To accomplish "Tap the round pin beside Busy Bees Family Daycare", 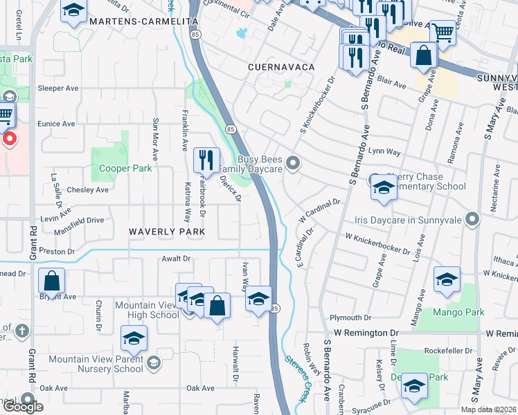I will [294, 163].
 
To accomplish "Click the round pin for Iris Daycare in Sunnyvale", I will [473, 220].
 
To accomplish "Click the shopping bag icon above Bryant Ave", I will [51, 282].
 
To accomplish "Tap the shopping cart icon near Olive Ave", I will [443, 32].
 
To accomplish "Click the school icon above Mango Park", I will [447, 281].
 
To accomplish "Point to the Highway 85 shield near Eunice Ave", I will [231, 129].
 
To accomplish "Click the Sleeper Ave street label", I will [58, 89].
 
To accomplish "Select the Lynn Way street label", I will [385, 151].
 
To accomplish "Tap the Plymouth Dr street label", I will [350, 317].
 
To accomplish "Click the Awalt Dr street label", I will [176, 260].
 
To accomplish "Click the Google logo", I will [23, 407].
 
